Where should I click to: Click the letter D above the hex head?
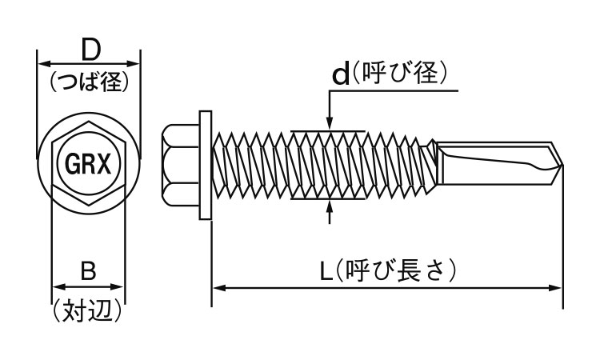point(89,50)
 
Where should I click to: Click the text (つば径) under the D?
point(89,82)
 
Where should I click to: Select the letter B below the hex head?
point(88,270)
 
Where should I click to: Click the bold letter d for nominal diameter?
point(341,75)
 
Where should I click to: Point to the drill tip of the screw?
point(559,166)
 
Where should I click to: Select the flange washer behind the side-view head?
point(207,166)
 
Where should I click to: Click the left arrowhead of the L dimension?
point(218,284)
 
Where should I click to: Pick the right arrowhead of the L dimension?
point(557,284)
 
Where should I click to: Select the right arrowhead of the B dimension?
point(120,285)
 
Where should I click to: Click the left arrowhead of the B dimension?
point(57,285)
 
